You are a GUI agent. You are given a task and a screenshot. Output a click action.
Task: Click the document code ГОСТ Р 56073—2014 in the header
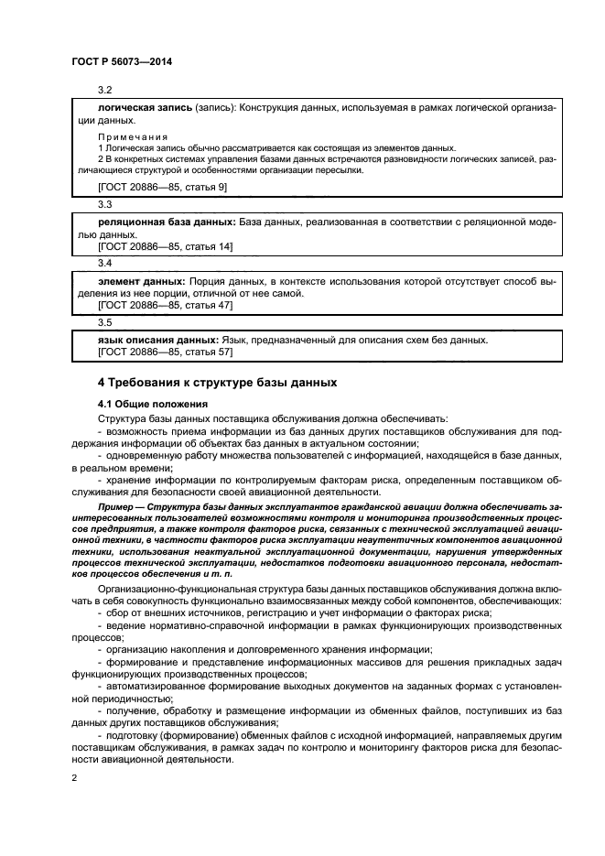click(x=121, y=60)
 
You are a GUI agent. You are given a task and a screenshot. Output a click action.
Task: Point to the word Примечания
click(x=127, y=135)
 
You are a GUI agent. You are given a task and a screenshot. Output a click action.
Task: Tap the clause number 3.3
click(x=105, y=203)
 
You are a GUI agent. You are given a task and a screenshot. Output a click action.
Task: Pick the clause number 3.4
click(x=105, y=264)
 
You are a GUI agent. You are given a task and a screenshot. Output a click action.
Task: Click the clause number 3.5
click(x=105, y=322)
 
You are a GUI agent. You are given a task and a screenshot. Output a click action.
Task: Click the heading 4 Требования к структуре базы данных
click(x=218, y=382)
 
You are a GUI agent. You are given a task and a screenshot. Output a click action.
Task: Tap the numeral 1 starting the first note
click(x=101, y=148)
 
